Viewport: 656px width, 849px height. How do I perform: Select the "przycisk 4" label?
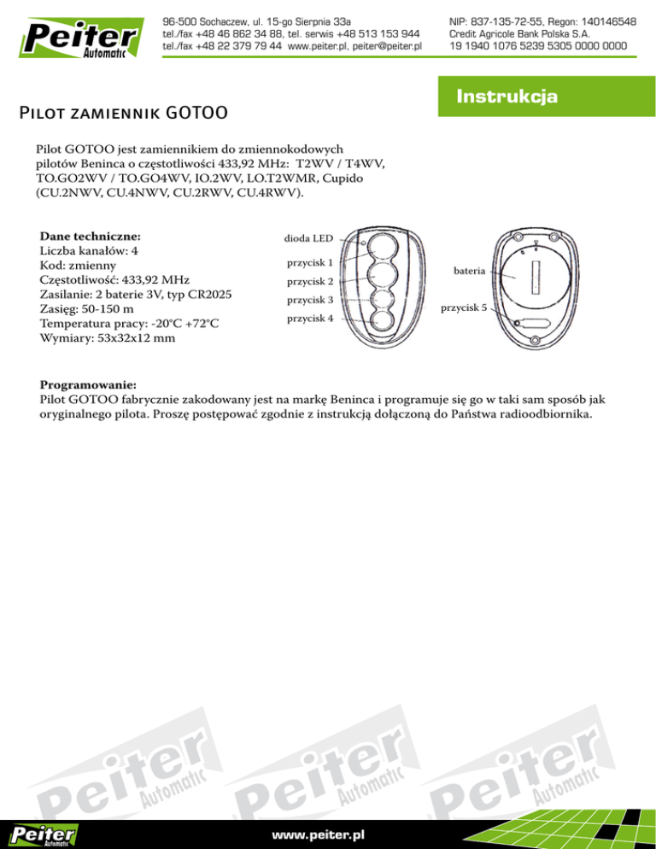[x=309, y=319]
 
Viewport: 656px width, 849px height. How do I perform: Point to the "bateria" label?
[x=471, y=271]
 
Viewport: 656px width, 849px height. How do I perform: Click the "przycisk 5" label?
[x=463, y=308]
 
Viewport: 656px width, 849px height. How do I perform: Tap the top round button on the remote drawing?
[x=382, y=248]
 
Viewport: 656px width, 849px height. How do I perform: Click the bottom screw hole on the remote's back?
[x=535, y=342]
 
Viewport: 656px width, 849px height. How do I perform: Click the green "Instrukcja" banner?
[x=507, y=97]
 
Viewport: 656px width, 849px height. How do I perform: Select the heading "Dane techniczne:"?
[x=91, y=235]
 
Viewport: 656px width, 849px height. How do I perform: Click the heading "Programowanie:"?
[x=88, y=384]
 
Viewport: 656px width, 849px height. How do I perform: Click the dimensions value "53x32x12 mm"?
[x=141, y=338]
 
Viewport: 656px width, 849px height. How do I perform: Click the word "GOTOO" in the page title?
[x=196, y=112]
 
